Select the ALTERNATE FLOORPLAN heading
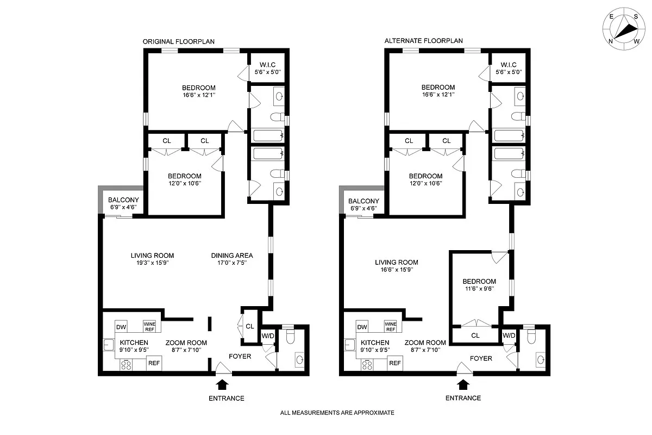pyautogui.click(x=416, y=41)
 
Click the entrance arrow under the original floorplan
pyautogui.click(x=222, y=385)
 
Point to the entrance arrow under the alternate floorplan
pyautogui.click(x=463, y=385)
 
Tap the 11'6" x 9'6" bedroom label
pyautogui.click(x=479, y=285)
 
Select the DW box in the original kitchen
pyautogui.click(x=122, y=327)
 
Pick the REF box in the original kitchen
pyautogui.click(x=154, y=363)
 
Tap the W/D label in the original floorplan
pyautogui.click(x=268, y=335)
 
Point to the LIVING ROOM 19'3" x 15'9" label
pyautogui.click(x=152, y=259)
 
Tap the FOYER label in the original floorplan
pyautogui.click(x=240, y=357)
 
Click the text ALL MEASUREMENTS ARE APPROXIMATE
pyautogui.click(x=337, y=413)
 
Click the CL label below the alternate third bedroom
pyautogui.click(x=475, y=335)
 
